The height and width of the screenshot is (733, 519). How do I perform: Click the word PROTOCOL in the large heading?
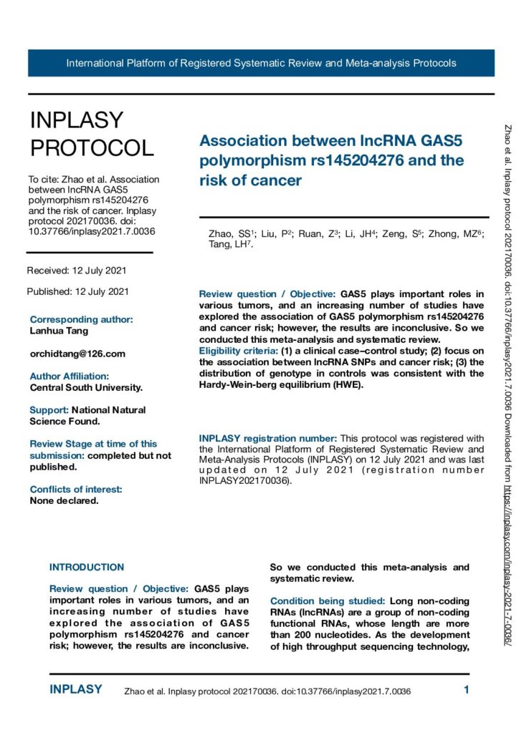(x=92, y=148)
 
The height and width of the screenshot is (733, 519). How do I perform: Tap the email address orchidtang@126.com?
(x=77, y=354)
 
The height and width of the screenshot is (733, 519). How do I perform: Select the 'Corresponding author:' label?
(x=81, y=319)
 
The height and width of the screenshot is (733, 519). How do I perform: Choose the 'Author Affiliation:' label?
(x=70, y=376)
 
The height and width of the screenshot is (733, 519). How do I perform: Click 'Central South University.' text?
(x=86, y=387)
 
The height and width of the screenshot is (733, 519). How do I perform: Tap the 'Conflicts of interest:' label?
(x=76, y=489)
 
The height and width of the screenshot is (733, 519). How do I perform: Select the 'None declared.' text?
(x=64, y=500)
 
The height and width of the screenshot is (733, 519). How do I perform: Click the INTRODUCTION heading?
(x=87, y=568)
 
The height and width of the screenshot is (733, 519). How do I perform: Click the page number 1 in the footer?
(x=467, y=691)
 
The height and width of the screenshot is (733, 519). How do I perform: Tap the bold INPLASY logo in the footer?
(x=76, y=690)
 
